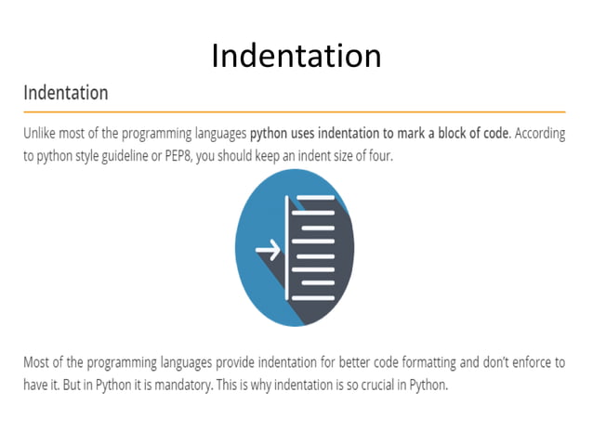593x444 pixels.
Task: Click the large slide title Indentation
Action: [296, 56]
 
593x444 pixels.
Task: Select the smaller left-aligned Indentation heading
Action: [65, 93]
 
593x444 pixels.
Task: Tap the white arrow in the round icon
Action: [268, 250]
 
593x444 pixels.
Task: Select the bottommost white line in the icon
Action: [317, 297]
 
